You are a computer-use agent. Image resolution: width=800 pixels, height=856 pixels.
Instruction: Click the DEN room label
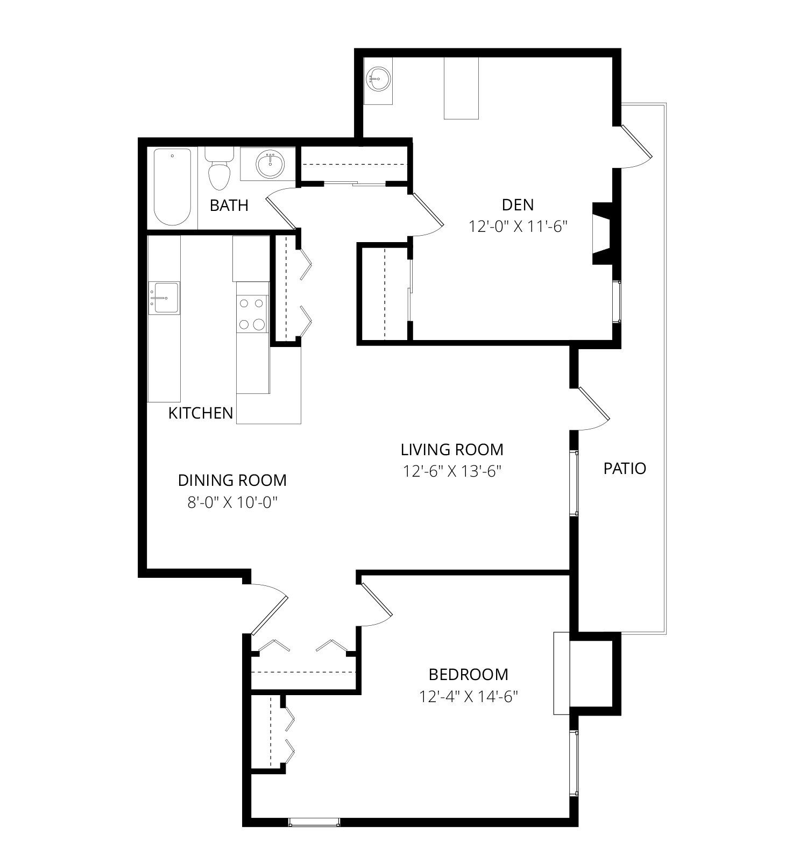(518, 204)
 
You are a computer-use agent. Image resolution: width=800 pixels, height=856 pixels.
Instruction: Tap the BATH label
(229, 205)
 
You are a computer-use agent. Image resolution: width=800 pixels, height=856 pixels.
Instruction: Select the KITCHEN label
(201, 413)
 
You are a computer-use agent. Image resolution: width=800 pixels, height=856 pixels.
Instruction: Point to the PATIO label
(625, 469)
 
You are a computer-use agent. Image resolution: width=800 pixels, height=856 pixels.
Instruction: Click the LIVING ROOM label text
(452, 449)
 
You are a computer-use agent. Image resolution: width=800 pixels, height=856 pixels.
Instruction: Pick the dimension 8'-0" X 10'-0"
(232, 503)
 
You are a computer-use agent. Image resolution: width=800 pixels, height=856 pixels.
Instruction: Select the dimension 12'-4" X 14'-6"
(468, 697)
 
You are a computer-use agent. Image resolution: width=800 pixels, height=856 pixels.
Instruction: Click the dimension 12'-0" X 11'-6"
(519, 227)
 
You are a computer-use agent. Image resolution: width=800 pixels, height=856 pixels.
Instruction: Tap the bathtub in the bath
(172, 187)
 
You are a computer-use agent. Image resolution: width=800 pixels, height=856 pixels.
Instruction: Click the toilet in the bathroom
(220, 169)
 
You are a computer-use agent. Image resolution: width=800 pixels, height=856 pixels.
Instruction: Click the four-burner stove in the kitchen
(252, 314)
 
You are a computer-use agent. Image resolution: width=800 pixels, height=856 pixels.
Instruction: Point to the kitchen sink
(164, 298)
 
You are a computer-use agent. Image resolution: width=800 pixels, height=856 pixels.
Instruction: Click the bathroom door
(280, 209)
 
